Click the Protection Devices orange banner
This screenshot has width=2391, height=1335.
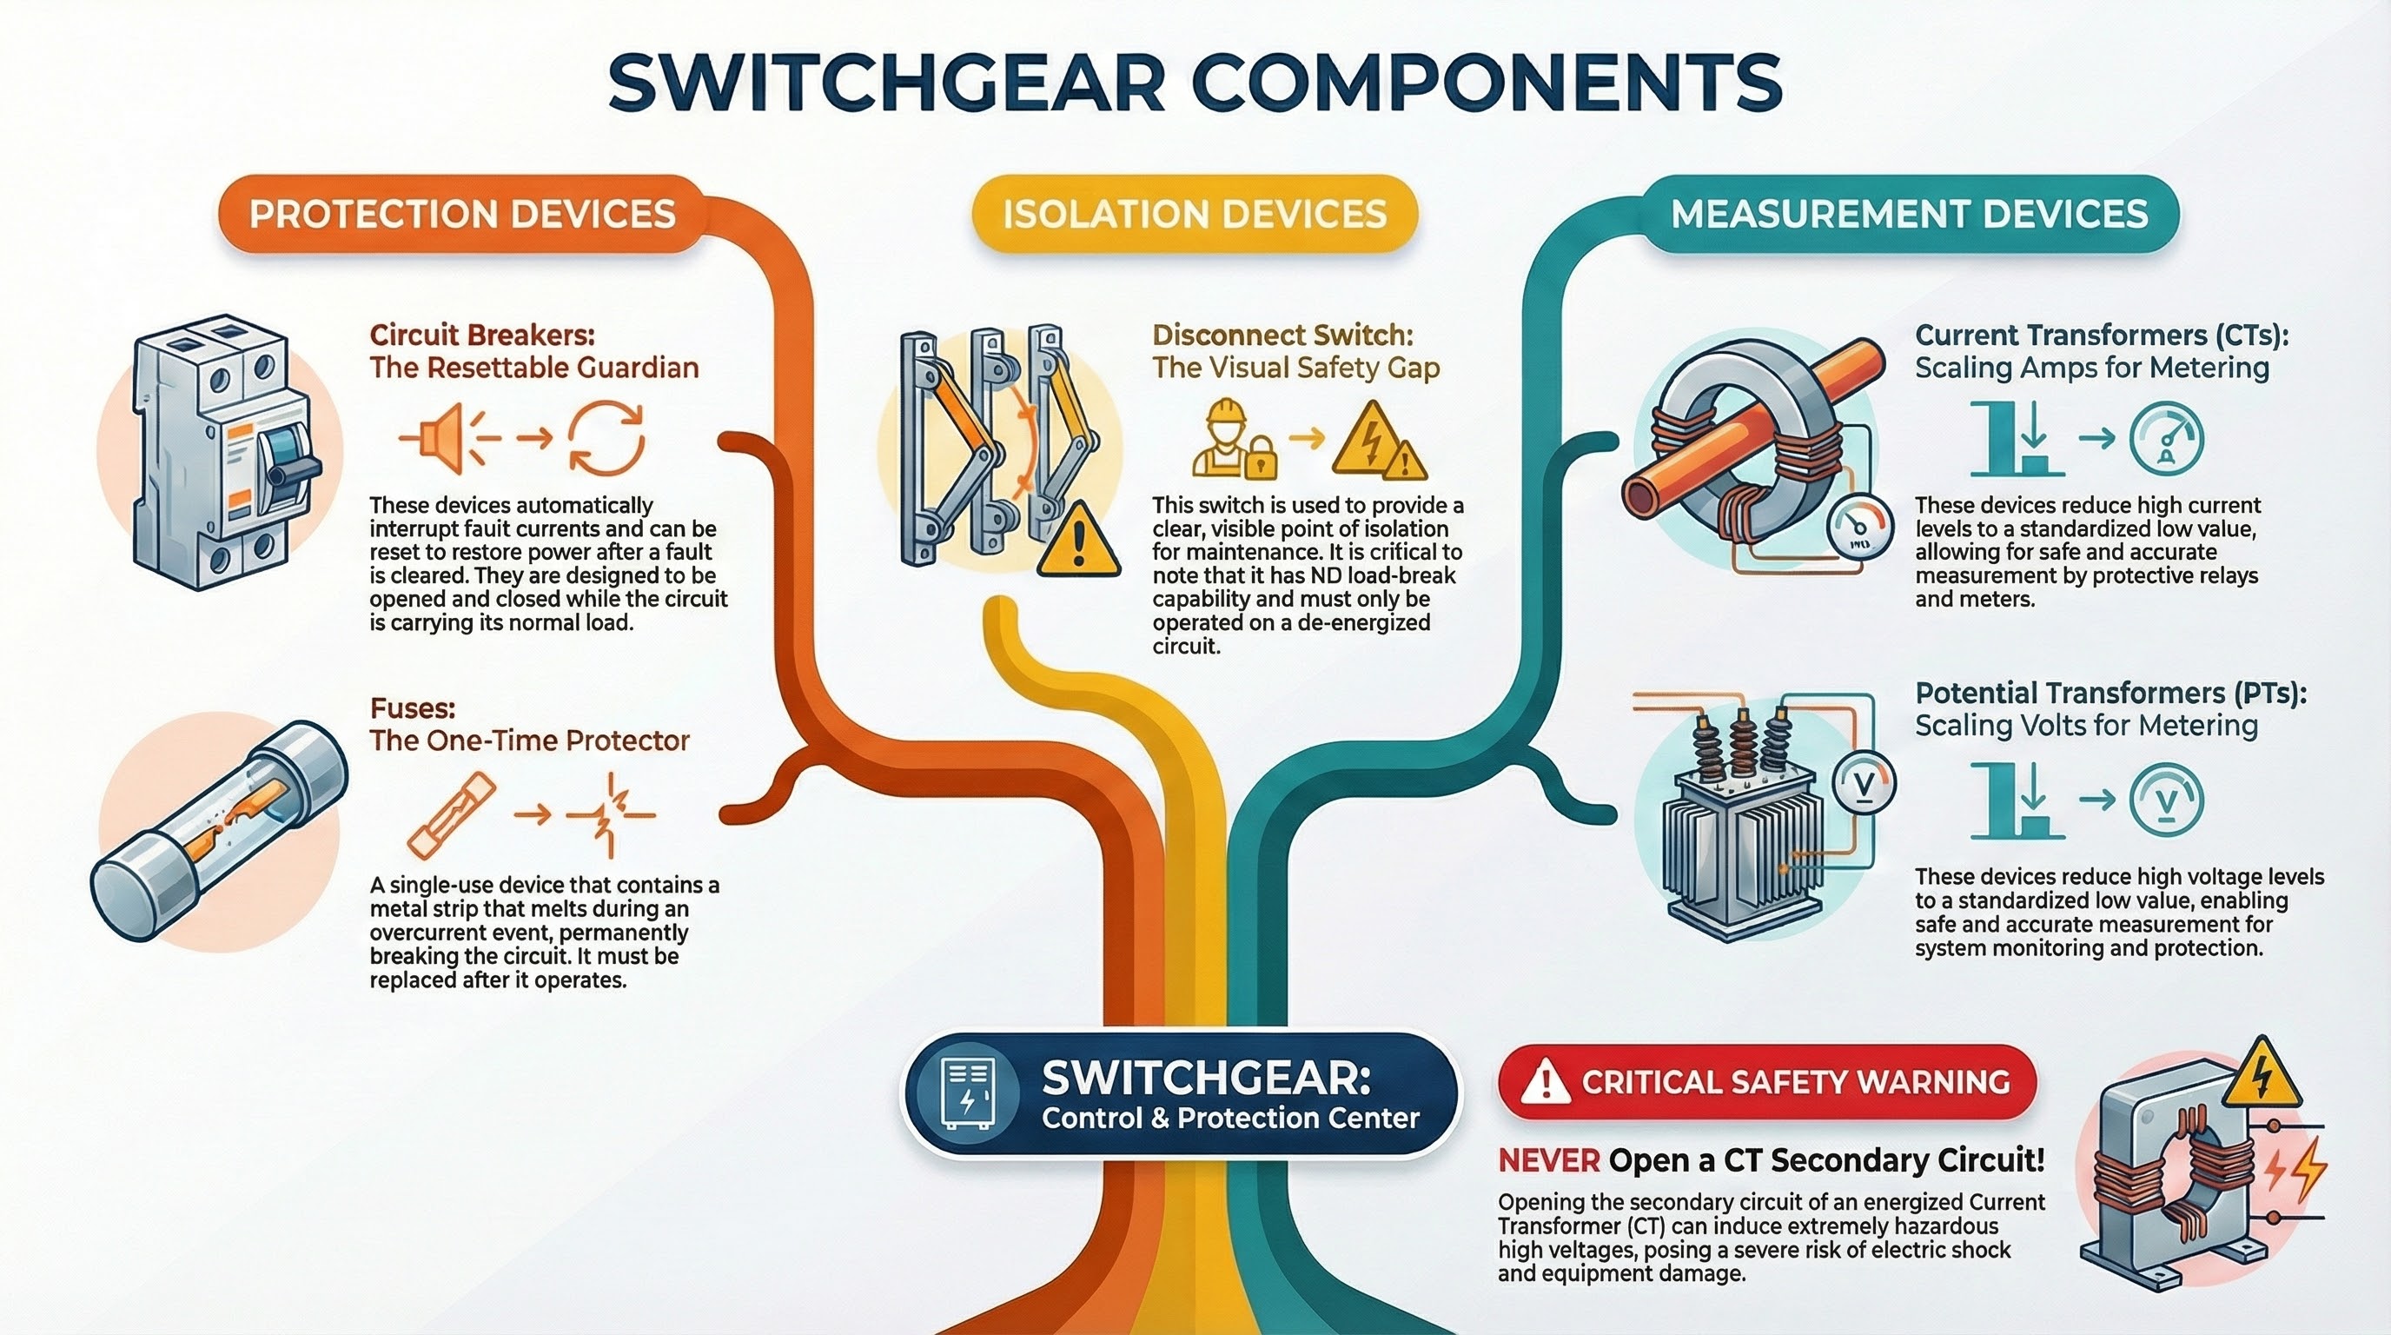461,215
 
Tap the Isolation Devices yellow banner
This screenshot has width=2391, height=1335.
1195,215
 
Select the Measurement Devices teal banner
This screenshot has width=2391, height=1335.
1910,215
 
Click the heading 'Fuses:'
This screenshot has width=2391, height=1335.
412,708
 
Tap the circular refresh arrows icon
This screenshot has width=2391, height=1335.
606,438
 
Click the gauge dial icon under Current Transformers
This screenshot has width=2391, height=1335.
2165,438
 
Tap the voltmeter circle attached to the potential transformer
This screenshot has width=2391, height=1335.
1864,785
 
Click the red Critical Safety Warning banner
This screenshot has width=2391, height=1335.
1767,1082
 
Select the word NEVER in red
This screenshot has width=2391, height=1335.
1548,1159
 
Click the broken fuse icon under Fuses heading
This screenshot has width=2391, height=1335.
452,815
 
